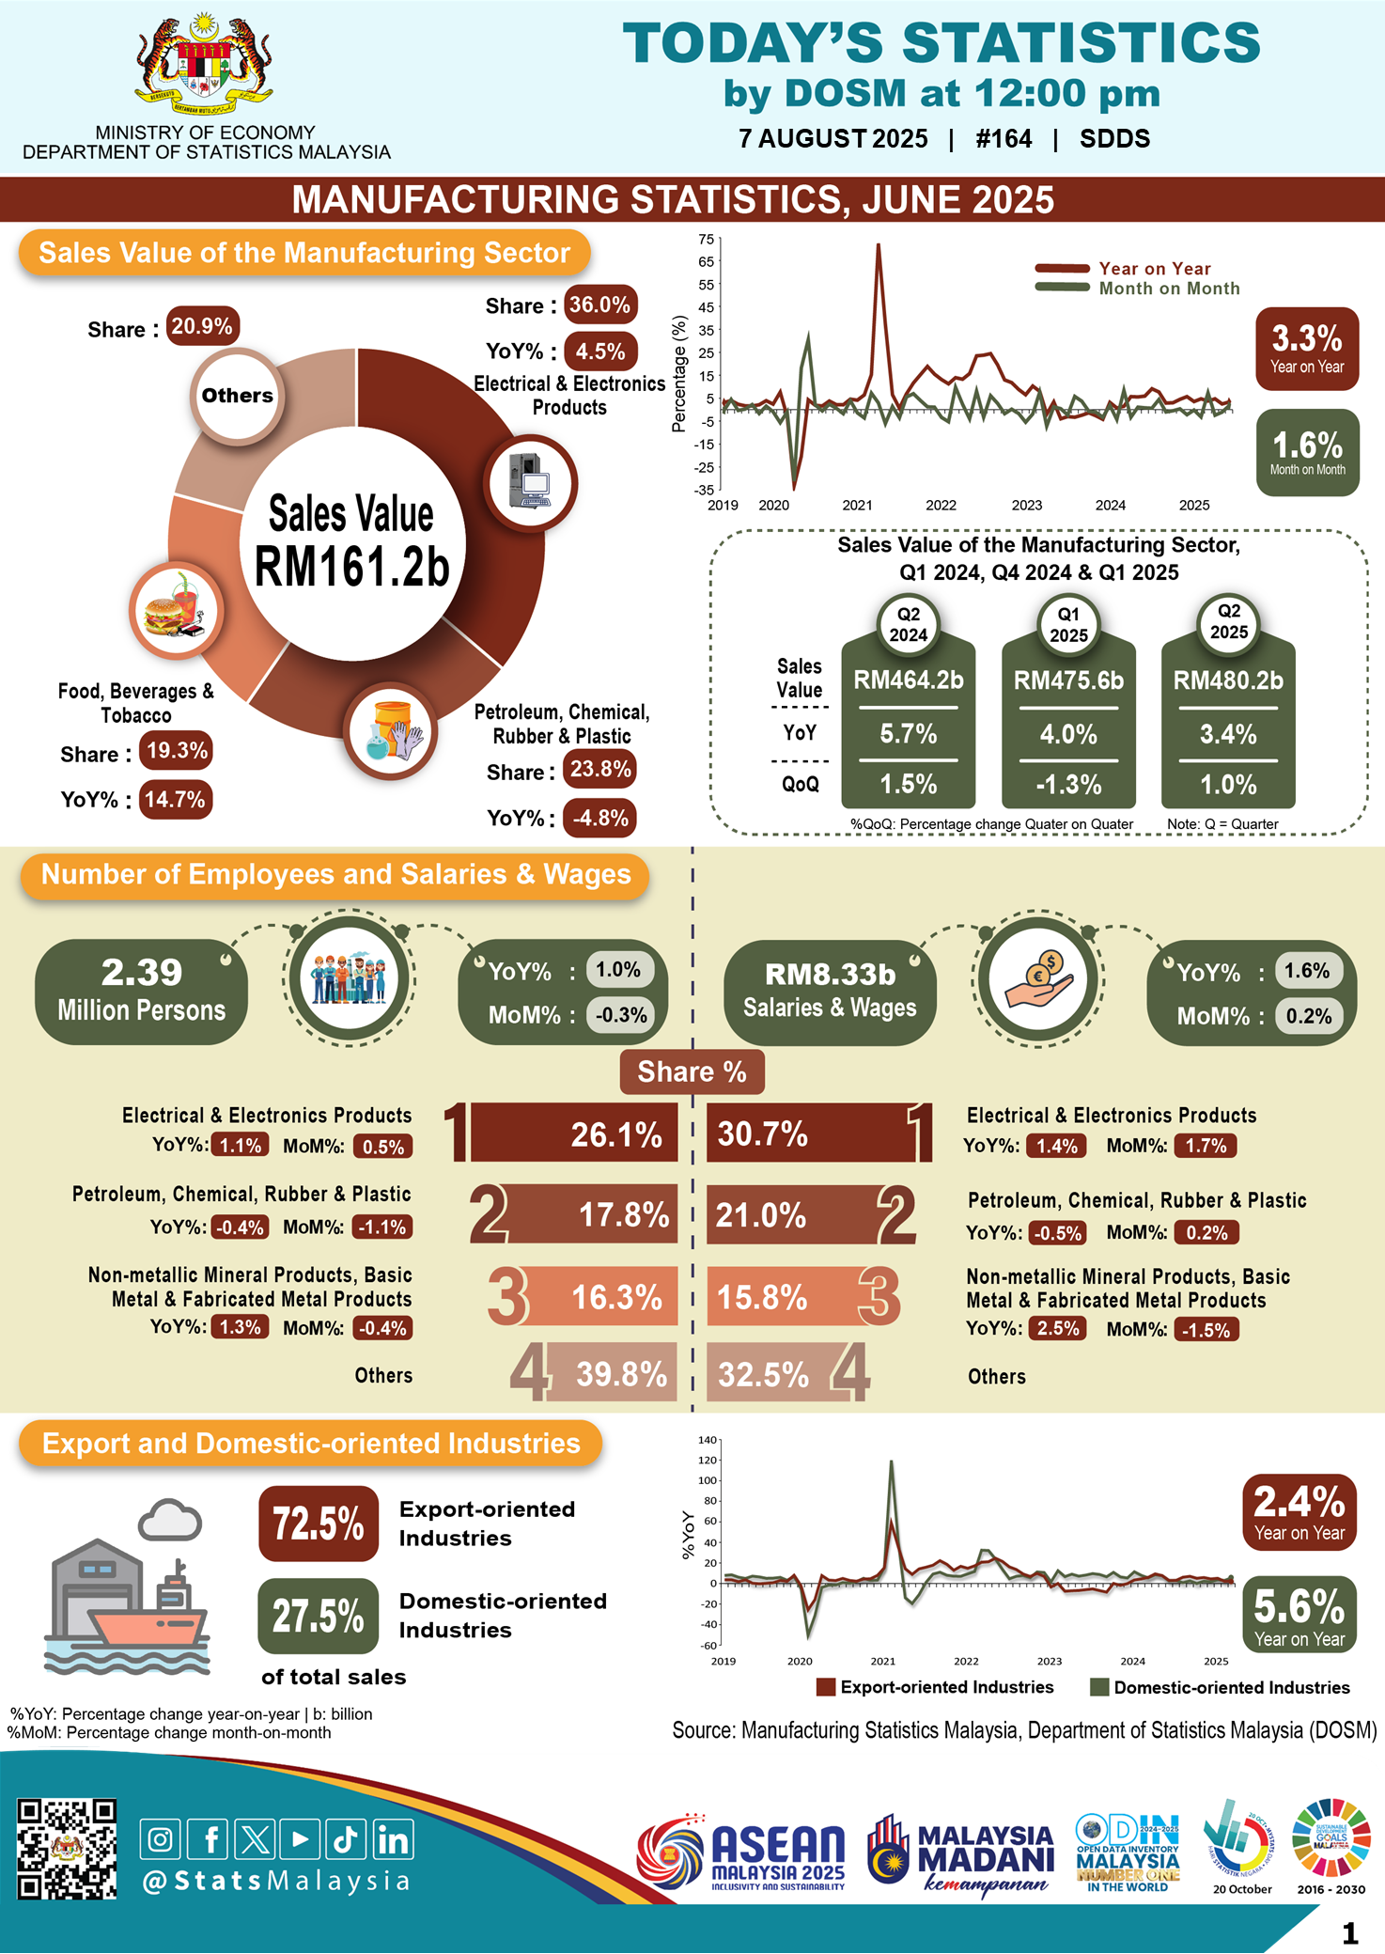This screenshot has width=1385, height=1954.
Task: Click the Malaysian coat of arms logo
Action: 204,66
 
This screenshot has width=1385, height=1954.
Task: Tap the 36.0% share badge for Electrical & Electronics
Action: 599,305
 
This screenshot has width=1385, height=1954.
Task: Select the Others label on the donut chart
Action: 238,396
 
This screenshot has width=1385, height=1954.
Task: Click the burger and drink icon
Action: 176,611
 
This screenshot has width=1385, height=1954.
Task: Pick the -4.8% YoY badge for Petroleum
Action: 599,818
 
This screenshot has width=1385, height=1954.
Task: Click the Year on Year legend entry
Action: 1137,269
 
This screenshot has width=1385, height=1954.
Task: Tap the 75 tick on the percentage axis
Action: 706,239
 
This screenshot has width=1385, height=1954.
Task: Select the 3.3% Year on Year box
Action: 1306,348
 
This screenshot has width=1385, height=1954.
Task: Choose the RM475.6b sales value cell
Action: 1068,680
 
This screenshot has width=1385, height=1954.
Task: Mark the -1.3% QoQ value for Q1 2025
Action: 1068,784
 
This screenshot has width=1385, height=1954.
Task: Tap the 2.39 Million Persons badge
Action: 142,991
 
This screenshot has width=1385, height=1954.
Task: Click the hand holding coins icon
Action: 1038,977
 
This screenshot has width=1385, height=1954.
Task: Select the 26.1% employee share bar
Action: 573,1134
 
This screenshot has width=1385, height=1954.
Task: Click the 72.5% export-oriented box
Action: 319,1524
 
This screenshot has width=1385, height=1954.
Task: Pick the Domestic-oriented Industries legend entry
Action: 1220,1687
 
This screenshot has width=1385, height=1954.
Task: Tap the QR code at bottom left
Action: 68,1849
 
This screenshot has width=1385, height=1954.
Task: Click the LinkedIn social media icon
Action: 393,1839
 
